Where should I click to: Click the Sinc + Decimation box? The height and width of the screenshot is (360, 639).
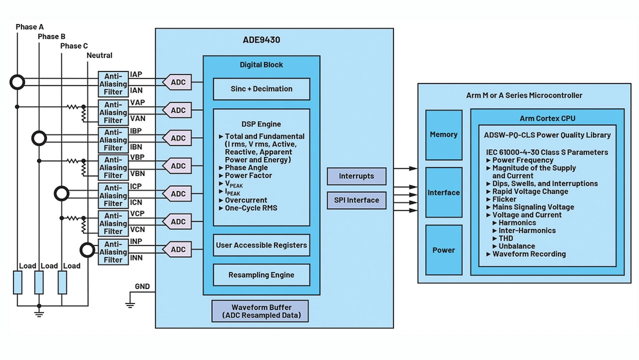(x=261, y=89)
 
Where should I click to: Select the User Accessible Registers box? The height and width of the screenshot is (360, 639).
(x=261, y=245)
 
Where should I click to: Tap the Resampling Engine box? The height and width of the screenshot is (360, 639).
(x=261, y=275)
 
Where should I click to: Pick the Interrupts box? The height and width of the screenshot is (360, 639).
(x=356, y=176)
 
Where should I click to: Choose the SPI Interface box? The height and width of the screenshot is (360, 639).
(x=356, y=200)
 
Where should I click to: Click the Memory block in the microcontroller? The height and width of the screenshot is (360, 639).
(x=443, y=135)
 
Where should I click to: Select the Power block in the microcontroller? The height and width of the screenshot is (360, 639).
(x=443, y=250)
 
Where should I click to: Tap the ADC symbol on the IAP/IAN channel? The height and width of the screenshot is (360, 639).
(x=177, y=82)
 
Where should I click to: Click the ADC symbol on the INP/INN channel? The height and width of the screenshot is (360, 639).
(x=177, y=250)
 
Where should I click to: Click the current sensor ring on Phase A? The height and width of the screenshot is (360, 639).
(x=17, y=82)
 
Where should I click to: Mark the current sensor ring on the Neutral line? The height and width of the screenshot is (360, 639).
(x=88, y=249)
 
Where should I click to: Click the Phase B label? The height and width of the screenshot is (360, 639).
(x=51, y=36)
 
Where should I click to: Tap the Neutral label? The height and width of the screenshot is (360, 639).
(x=99, y=55)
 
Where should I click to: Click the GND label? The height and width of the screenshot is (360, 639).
(x=142, y=287)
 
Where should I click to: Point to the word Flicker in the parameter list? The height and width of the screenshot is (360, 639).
(x=505, y=199)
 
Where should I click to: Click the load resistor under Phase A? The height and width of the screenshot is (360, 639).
(x=17, y=283)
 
